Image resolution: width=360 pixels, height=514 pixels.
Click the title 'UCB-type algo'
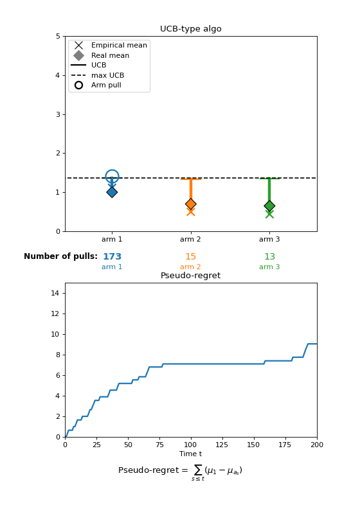click(x=190, y=29)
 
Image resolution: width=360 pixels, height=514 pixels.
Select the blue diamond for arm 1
click(x=112, y=192)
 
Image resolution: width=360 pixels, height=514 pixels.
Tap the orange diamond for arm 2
click(x=191, y=204)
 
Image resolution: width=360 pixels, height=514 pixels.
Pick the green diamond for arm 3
click(x=269, y=206)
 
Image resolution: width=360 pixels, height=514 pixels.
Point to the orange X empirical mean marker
click(x=191, y=212)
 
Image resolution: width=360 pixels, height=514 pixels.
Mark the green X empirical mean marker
click(x=269, y=214)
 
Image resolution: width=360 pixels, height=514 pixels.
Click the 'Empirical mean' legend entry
click(x=109, y=45)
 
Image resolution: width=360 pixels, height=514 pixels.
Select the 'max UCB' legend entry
click(x=98, y=75)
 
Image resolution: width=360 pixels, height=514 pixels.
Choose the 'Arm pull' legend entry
click(x=96, y=85)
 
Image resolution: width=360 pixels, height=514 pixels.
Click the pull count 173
click(x=112, y=256)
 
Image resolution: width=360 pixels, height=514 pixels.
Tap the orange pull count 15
click(x=190, y=256)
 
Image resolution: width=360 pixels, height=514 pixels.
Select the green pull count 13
click(x=269, y=256)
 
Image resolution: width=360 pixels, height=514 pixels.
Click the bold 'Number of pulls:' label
click(x=60, y=256)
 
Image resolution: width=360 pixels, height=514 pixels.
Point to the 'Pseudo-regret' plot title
click(x=190, y=276)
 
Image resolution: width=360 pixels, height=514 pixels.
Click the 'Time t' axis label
click(x=190, y=454)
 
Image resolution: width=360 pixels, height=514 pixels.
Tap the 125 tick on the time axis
click(x=222, y=445)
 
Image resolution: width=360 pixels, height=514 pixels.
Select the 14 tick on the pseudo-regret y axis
click(x=55, y=293)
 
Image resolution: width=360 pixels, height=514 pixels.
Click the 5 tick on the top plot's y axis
click(x=58, y=36)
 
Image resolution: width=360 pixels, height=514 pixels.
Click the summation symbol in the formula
click(x=198, y=470)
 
